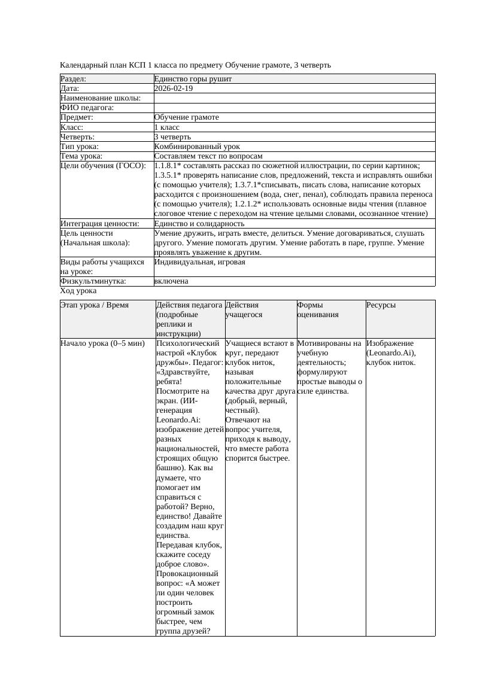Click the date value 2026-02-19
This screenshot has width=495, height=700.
[x=174, y=89]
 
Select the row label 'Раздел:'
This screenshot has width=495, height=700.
[x=74, y=79]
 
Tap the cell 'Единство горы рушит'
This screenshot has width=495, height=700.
[x=193, y=79]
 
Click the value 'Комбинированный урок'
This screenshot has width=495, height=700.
[x=197, y=147]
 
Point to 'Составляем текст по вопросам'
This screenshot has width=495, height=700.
[x=208, y=156]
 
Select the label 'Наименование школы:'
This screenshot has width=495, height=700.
[x=101, y=98]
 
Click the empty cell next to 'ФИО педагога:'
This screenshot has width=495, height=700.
[x=293, y=108]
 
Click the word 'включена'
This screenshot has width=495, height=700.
[x=171, y=281]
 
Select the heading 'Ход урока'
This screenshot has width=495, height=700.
[x=78, y=291]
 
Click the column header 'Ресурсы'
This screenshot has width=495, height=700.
[x=381, y=305]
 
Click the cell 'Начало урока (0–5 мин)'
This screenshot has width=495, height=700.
[x=102, y=343]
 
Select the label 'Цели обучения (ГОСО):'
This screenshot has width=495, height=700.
[x=103, y=166]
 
